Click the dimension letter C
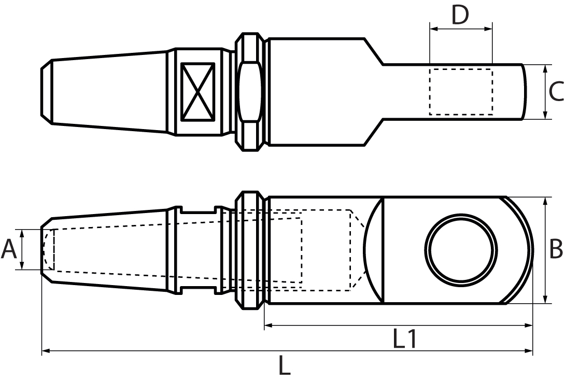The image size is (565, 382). coord(556,92)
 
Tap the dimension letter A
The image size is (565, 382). coord(9,249)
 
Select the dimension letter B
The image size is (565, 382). coord(556,250)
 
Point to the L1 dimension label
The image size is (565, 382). coord(404,339)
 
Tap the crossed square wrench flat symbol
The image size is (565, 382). coord(197,92)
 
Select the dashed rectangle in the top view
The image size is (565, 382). coord(461,92)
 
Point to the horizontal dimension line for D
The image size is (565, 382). coord(461,30)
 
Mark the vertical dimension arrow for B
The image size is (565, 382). coord(545,250)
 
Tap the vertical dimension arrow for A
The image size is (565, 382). coord(22,249)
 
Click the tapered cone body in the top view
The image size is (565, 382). coord(109,92)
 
